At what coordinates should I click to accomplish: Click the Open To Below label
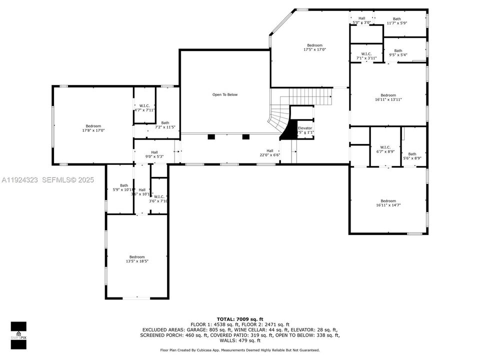tap(225, 94)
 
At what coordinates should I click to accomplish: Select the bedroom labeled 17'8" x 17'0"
tap(93, 128)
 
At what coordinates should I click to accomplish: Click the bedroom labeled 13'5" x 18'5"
tap(137, 259)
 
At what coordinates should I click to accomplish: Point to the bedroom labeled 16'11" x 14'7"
tap(388, 203)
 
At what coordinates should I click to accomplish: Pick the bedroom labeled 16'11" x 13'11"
tap(388, 97)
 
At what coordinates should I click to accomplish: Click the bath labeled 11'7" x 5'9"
tap(396, 21)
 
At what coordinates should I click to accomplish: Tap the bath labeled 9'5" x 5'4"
tap(398, 52)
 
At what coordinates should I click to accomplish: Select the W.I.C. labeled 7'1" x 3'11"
tap(366, 56)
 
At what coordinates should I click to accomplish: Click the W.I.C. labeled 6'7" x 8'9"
tap(385, 149)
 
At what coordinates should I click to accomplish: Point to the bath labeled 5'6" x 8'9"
tap(412, 156)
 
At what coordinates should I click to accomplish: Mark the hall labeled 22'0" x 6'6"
tap(270, 153)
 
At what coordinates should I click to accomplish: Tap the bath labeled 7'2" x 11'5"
tap(165, 125)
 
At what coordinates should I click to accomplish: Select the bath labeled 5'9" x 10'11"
tap(123, 187)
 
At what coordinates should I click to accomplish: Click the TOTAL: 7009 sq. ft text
tap(239, 318)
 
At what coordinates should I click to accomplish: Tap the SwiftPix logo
tap(18, 333)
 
